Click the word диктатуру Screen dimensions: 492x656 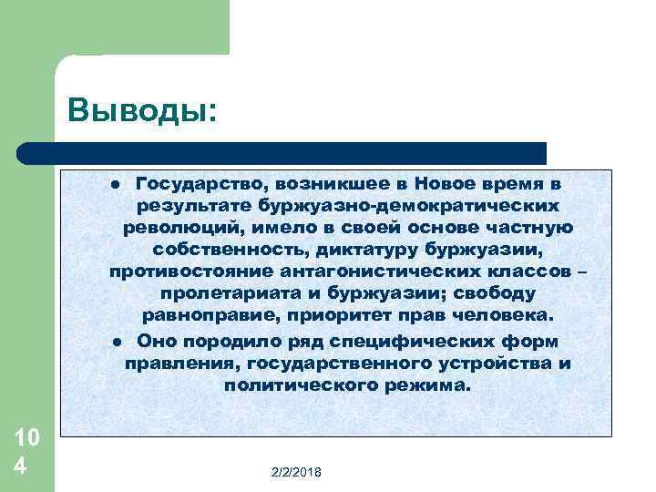(x=355, y=250)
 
